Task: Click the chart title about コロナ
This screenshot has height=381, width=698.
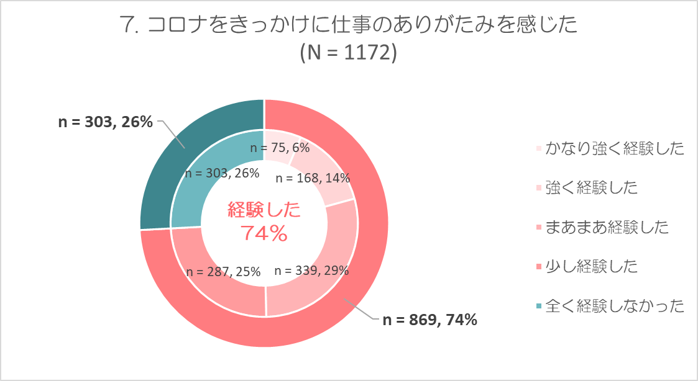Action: pyautogui.click(x=348, y=25)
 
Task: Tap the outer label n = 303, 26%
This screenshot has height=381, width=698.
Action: pyautogui.click(x=105, y=122)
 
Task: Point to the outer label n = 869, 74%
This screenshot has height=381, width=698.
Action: pyautogui.click(x=429, y=320)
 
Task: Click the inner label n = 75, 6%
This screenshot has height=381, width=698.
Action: pyautogui.click(x=279, y=148)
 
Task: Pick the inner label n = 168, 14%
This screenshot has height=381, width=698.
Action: pyautogui.click(x=313, y=178)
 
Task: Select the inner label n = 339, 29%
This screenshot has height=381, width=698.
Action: pyautogui.click(x=311, y=271)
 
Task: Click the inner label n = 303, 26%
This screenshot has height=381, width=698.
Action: pyautogui.click(x=222, y=174)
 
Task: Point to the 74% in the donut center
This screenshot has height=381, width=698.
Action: pyautogui.click(x=264, y=234)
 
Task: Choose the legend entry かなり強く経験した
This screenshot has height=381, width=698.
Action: pyautogui.click(x=614, y=148)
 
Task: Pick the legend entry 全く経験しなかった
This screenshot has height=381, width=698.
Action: pyautogui.click(x=614, y=306)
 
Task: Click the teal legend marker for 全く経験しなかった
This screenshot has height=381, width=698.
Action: pyautogui.click(x=538, y=307)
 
